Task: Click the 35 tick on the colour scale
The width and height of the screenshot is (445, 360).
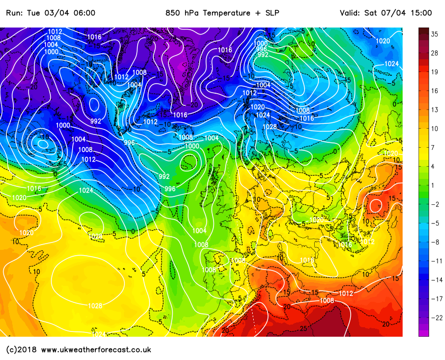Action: tap(434, 34)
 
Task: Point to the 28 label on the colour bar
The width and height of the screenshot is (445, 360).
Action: tap(434, 53)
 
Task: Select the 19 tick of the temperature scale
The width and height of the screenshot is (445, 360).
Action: tap(434, 72)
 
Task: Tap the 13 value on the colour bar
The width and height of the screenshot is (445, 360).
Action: tap(434, 110)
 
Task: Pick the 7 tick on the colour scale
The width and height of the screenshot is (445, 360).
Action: tap(434, 148)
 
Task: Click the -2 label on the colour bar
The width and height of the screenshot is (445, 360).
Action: tap(434, 204)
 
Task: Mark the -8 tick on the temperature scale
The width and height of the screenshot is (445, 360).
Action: tap(434, 242)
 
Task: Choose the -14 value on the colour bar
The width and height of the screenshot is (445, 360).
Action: tap(434, 280)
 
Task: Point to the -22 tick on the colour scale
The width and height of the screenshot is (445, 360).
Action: tap(434, 318)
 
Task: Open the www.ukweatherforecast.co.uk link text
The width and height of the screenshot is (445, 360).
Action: tap(96, 350)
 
